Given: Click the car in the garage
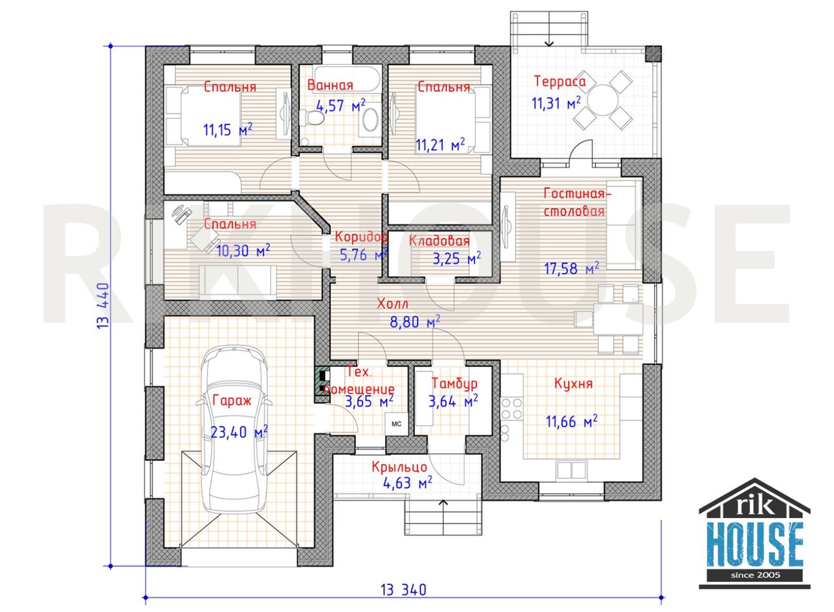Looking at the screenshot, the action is pyautogui.click(x=234, y=430).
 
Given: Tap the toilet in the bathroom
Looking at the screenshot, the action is pyautogui.click(x=311, y=118).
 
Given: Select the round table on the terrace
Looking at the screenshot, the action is pyautogui.click(x=603, y=100).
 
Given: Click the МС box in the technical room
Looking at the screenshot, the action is pyautogui.click(x=397, y=424).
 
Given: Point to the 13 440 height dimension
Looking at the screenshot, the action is pyautogui.click(x=103, y=306).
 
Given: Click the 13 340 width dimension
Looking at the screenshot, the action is pyautogui.click(x=403, y=590).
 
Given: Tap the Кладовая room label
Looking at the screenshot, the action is pyautogui.click(x=439, y=240).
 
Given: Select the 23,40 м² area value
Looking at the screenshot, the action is pyautogui.click(x=239, y=432).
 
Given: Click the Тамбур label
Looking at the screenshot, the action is pyautogui.click(x=455, y=383).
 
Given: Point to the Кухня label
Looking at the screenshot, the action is pyautogui.click(x=573, y=383).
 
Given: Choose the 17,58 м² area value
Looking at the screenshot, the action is pyautogui.click(x=571, y=268).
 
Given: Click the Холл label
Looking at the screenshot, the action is pyautogui.click(x=392, y=304).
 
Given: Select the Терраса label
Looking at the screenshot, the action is pyautogui.click(x=560, y=81).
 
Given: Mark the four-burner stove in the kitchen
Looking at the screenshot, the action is pyautogui.click(x=511, y=409).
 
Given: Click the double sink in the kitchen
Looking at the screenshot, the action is pyautogui.click(x=572, y=470).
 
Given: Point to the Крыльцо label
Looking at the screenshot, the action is pyautogui.click(x=399, y=467).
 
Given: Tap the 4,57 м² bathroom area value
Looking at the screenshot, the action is pyautogui.click(x=340, y=106).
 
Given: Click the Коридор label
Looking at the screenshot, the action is pyautogui.click(x=360, y=237).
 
